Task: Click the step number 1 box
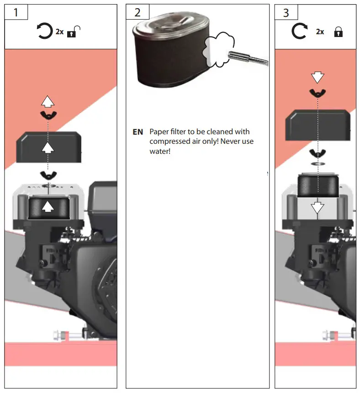coord(16,12)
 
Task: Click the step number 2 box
coord(138,12)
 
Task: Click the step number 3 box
coord(286,12)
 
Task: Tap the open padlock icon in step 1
coord(73,32)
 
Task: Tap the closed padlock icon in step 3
coord(338,32)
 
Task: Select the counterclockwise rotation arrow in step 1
coord(45,32)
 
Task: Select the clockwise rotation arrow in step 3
coord(299,32)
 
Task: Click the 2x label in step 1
coord(60,32)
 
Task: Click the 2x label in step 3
coord(320,32)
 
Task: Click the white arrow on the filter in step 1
coord(47,207)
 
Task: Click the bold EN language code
coord(138,132)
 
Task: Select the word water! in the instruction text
coord(160,151)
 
